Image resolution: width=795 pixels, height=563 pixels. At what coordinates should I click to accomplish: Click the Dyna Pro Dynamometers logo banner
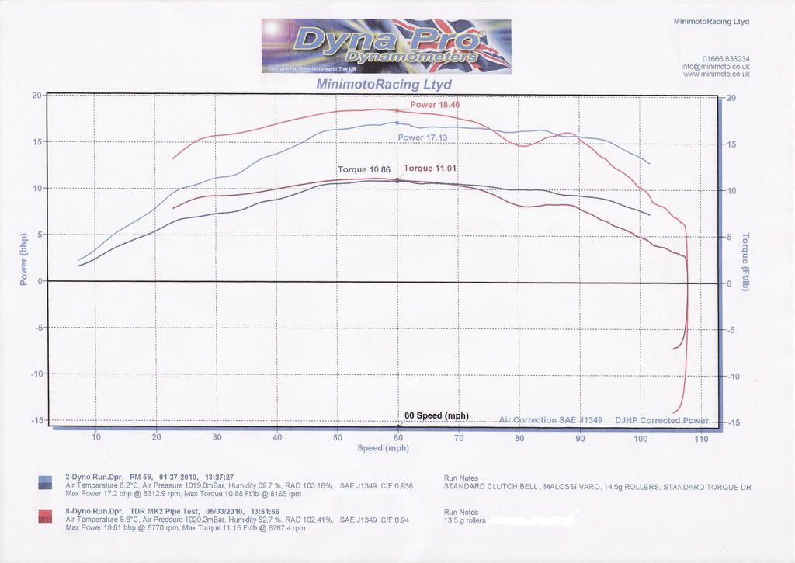[x=386, y=47]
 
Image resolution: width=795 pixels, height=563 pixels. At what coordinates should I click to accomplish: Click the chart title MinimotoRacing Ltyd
[x=384, y=84]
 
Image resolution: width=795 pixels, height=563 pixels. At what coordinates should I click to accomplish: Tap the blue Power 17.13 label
[x=422, y=137]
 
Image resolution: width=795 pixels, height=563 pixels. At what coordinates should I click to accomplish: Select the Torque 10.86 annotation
[x=363, y=169]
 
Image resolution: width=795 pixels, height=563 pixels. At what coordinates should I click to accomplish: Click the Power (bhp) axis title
[x=23, y=259]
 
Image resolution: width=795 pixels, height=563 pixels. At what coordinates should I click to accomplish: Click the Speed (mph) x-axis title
[x=383, y=448]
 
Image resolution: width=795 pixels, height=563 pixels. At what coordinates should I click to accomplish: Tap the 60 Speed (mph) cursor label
[x=437, y=415]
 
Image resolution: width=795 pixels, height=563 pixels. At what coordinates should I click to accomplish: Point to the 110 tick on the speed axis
[x=701, y=438]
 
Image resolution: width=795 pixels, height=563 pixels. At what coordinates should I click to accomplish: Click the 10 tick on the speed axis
[x=96, y=437]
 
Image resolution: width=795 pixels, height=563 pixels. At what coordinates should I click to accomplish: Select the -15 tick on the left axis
[x=36, y=420]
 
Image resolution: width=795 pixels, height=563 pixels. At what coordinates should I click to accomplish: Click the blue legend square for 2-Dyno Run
[x=45, y=484]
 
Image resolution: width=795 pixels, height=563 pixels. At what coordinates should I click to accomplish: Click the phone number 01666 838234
[x=726, y=59]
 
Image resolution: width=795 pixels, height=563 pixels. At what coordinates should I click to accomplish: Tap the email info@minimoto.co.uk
[x=716, y=67]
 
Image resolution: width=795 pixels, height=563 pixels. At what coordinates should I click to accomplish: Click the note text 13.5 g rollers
[x=465, y=520]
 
